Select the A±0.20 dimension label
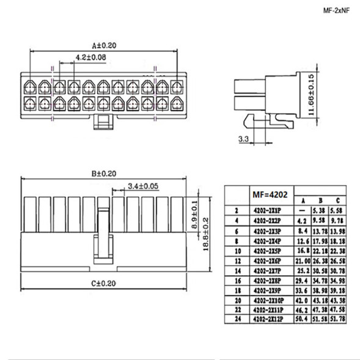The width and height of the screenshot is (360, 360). pos(104,45)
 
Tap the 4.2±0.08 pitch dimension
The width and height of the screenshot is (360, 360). pos(90,57)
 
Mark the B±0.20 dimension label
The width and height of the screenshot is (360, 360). pos(104,174)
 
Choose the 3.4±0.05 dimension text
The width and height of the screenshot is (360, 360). pos(143,186)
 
